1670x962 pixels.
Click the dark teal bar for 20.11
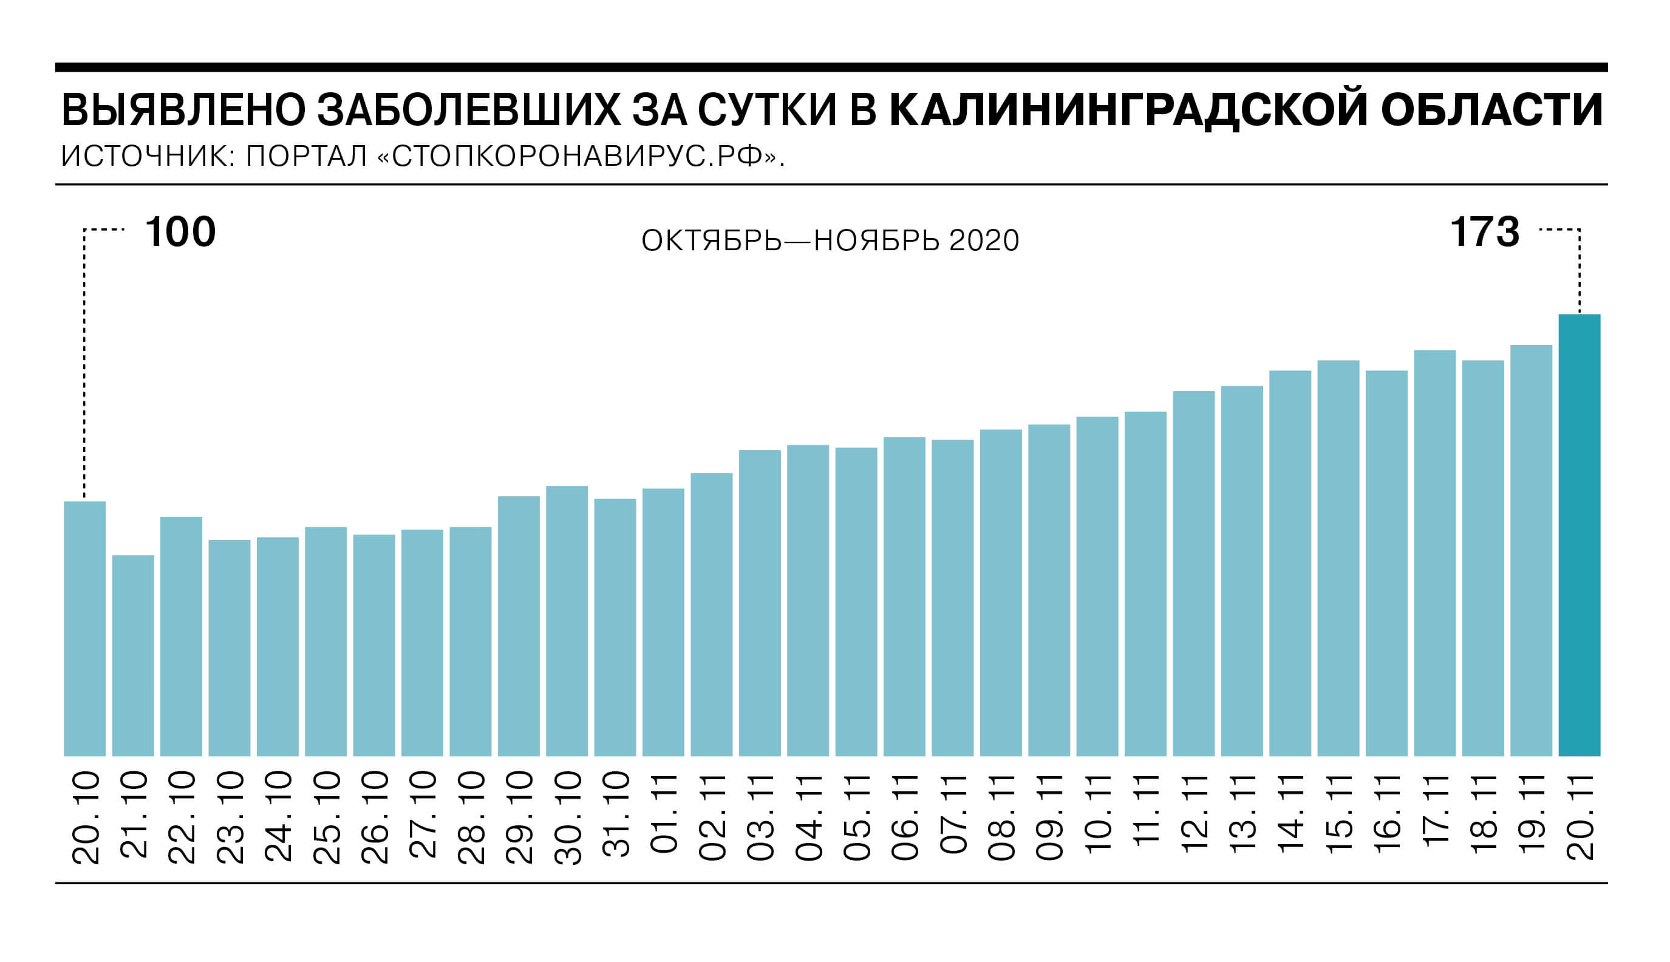click(1579, 534)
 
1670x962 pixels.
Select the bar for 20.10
click(84, 629)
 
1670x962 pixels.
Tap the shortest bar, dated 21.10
click(133, 655)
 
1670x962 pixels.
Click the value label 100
click(180, 232)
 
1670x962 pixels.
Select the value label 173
click(1484, 232)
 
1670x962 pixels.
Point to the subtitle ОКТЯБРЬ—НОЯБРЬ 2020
click(830, 241)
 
